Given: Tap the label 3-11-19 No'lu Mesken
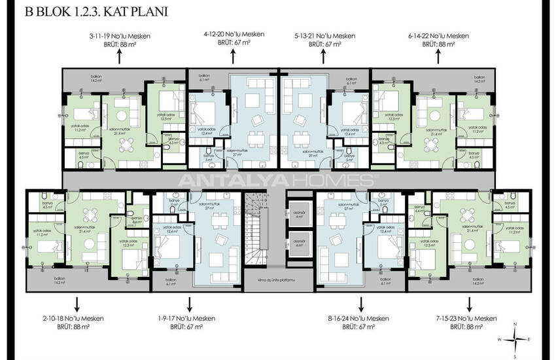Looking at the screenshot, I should [120, 36].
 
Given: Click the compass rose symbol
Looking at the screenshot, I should [516, 339].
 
